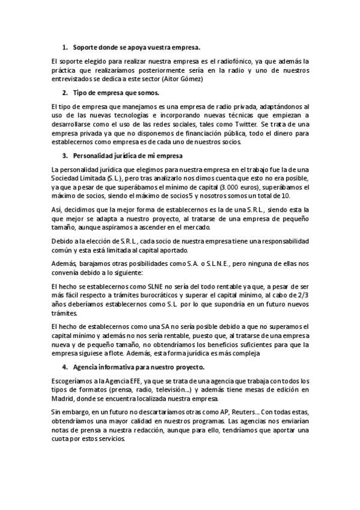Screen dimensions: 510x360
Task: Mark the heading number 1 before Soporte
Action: [65, 46]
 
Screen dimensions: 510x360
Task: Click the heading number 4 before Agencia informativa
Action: [65, 366]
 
